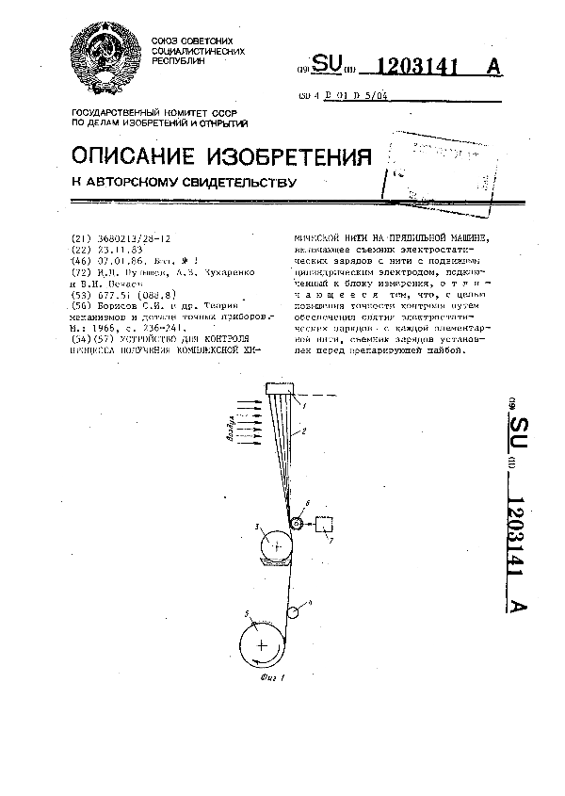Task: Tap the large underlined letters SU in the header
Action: [x=325, y=66]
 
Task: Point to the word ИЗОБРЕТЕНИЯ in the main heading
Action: [x=293, y=154]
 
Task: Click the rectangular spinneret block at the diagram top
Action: [x=280, y=388]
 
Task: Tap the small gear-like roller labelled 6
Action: [x=299, y=524]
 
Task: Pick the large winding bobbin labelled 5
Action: [x=261, y=643]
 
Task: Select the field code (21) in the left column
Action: [x=80, y=240]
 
